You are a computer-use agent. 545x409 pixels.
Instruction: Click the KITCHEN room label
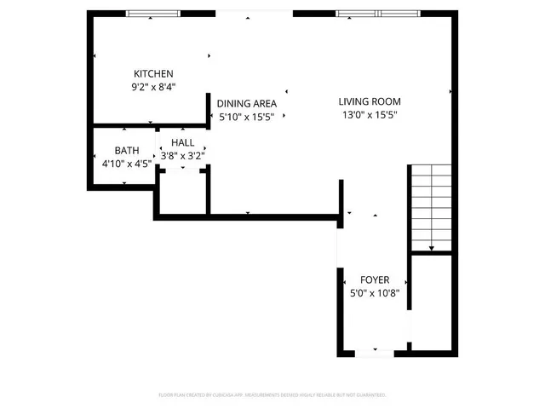[x=153, y=73]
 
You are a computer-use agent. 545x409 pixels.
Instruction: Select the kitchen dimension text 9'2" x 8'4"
[x=153, y=86]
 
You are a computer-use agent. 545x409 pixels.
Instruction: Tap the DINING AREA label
[x=247, y=103]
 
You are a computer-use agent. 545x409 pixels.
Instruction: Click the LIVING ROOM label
[x=369, y=101]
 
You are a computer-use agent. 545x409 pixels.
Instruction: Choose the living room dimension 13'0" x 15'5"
[x=370, y=114]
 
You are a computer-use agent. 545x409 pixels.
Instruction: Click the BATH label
[x=127, y=150]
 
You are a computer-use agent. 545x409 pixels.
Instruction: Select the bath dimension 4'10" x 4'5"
[x=127, y=163]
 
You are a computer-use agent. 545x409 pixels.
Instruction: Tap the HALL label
[x=183, y=143]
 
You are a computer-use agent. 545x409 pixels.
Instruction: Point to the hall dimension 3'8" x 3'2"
[x=183, y=156]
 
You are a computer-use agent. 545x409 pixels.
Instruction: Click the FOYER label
[x=375, y=279]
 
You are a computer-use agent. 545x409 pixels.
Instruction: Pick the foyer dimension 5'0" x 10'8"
[x=375, y=292]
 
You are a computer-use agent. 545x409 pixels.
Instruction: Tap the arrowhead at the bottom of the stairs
[x=433, y=249]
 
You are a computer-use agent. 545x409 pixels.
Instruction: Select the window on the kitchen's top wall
[x=153, y=13]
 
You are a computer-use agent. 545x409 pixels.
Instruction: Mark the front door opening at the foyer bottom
[x=375, y=351]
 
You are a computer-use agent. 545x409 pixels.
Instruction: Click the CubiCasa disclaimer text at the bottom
[x=272, y=395]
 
